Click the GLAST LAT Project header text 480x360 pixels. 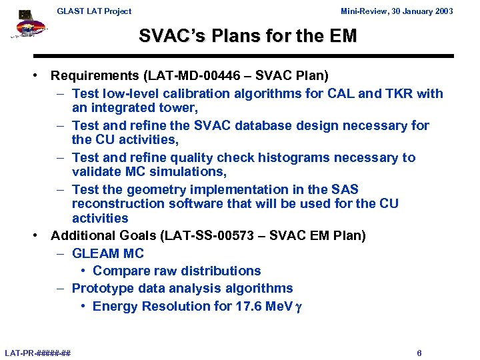click(94, 11)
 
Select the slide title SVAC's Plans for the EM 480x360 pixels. click(247, 36)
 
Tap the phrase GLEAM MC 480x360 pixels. click(107, 253)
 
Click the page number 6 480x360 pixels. click(419, 353)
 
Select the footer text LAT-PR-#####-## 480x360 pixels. click(38, 353)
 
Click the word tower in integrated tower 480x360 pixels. click(178, 107)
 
